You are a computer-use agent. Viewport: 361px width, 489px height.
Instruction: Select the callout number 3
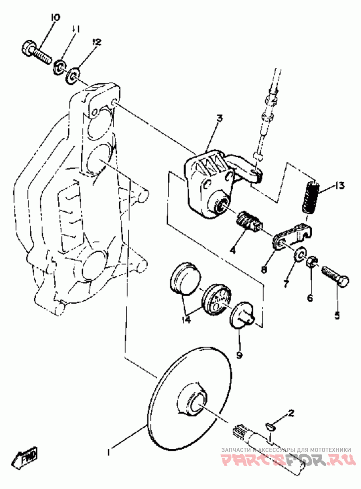(x=219, y=119)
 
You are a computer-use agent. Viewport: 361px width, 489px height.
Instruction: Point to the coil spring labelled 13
(x=310, y=197)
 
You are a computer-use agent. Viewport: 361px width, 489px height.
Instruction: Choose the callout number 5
(x=337, y=315)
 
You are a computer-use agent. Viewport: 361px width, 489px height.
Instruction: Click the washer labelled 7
(x=300, y=254)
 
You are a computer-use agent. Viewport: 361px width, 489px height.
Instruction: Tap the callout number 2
(x=291, y=413)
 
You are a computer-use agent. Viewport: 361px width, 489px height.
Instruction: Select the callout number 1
(x=108, y=451)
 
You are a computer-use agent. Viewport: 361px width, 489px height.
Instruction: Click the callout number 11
(x=75, y=30)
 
